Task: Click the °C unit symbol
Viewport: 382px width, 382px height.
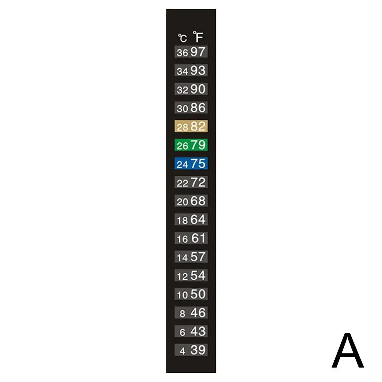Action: click(182, 38)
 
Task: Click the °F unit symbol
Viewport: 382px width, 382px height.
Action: click(198, 37)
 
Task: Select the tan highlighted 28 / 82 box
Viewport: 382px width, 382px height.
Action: click(191, 126)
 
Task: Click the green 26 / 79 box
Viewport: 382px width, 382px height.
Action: click(191, 145)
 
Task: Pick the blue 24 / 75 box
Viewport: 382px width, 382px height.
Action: click(191, 163)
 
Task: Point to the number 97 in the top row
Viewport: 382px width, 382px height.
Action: click(198, 52)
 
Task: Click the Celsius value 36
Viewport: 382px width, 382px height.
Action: click(182, 53)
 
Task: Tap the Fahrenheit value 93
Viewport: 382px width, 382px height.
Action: click(198, 70)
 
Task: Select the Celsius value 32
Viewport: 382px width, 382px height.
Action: click(182, 90)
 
